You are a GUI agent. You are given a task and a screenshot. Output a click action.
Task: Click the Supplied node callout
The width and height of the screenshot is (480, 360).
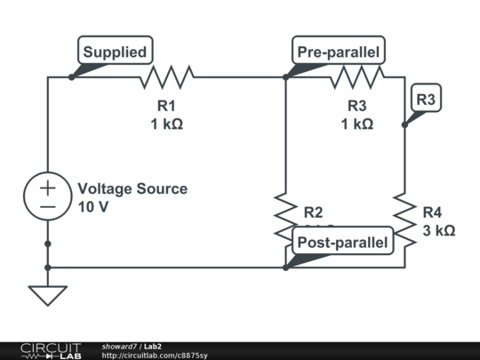(x=115, y=52)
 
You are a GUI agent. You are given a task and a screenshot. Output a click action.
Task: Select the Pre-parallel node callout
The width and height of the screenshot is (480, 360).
(x=338, y=52)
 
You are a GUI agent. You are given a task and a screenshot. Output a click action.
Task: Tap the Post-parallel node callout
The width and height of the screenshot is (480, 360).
(x=342, y=242)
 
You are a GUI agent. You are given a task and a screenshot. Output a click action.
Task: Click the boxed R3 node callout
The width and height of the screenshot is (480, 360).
(x=426, y=100)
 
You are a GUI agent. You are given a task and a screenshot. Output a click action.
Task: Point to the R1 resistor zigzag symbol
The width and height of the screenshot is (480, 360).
(x=165, y=77)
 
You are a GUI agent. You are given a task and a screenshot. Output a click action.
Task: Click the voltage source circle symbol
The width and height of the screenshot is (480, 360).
(x=47, y=197)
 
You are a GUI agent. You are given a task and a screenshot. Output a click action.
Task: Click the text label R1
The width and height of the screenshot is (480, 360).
(x=166, y=105)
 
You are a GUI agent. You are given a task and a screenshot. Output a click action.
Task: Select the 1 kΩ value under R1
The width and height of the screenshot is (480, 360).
(x=166, y=124)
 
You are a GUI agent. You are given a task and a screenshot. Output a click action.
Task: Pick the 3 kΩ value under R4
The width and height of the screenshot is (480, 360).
(x=438, y=230)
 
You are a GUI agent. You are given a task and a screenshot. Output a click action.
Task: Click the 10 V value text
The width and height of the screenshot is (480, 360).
(x=93, y=207)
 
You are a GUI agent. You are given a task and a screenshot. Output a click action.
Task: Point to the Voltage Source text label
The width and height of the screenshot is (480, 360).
(x=132, y=188)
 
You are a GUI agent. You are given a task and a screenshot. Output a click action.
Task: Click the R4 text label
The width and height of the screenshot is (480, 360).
(x=432, y=212)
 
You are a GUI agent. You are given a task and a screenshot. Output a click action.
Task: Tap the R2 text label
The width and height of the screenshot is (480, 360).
(x=313, y=212)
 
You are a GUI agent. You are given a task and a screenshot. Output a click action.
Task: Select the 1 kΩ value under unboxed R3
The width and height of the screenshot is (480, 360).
(x=356, y=124)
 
